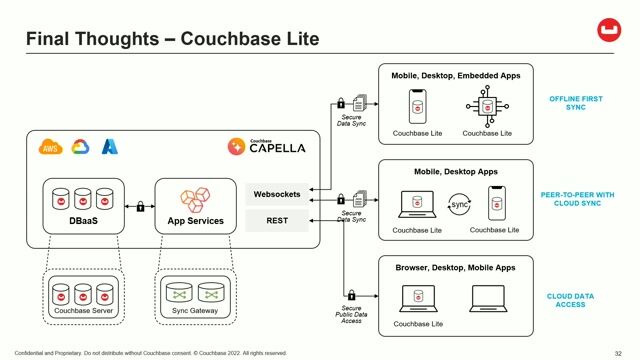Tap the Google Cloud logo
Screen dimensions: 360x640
point(80,148)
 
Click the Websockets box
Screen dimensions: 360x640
point(277,192)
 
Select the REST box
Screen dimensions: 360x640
point(277,220)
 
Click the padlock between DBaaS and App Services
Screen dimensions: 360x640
point(140,207)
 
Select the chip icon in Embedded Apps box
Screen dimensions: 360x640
point(490,106)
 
